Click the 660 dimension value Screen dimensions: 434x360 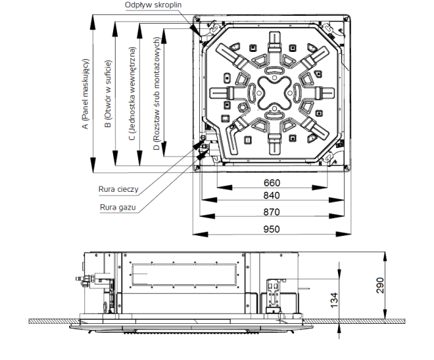coord(272,183)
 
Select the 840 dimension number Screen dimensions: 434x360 coord(272,196)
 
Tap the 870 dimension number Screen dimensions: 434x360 coord(272,212)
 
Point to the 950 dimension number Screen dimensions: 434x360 coord(272,229)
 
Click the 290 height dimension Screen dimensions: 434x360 coord(380,285)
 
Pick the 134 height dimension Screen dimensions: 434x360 coord(334,300)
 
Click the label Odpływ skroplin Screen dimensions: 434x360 coord(153,5)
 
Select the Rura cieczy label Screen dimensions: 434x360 coord(118,189)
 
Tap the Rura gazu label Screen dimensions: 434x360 coord(118,208)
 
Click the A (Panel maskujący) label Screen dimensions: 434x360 coord(85,94)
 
